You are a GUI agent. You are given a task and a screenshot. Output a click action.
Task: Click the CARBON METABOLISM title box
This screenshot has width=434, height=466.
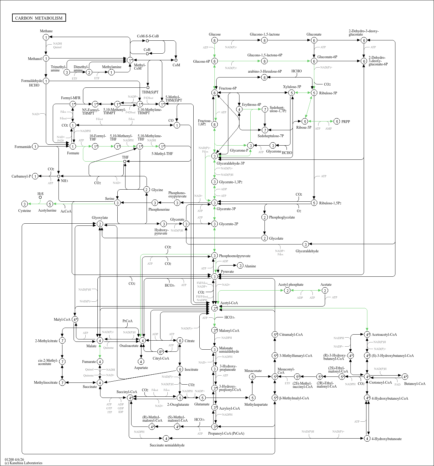[x=39, y=18]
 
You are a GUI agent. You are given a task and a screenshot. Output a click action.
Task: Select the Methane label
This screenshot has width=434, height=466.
[x=46, y=31]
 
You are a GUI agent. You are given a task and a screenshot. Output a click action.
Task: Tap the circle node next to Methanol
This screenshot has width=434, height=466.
[x=46, y=58]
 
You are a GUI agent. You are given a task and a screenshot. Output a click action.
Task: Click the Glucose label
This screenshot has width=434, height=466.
[x=214, y=34]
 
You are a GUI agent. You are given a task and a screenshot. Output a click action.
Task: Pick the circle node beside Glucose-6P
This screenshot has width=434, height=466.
[x=214, y=61]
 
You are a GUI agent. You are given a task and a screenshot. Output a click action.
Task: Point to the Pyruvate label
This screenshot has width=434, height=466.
[x=227, y=272]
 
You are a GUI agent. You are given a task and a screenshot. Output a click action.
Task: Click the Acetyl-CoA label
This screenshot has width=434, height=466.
[x=229, y=303]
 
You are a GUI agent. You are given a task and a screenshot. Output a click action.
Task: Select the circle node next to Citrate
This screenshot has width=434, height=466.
[x=180, y=341]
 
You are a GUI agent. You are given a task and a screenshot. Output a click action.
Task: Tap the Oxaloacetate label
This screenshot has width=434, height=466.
[x=129, y=346]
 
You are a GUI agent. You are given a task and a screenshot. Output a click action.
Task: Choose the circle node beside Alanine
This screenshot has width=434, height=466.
[x=240, y=266]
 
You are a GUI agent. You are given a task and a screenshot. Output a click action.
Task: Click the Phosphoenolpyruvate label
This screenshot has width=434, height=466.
[x=234, y=256]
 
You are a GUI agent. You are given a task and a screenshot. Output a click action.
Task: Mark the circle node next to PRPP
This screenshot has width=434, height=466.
[x=337, y=121]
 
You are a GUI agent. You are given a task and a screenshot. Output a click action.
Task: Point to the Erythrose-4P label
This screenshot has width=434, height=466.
[x=251, y=105]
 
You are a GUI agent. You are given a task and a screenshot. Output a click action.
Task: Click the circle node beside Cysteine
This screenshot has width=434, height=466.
[x=25, y=204]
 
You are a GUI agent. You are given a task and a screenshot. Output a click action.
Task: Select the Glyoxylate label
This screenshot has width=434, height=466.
[x=100, y=218]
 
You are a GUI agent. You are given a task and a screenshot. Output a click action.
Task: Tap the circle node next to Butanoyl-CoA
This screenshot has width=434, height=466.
[x=405, y=376]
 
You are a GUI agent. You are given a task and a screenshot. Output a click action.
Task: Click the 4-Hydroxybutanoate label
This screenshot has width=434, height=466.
[x=386, y=439]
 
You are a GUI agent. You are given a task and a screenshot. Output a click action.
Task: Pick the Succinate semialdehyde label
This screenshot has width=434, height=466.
[x=167, y=445]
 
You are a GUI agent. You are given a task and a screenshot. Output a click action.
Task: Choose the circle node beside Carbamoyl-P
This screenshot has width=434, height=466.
[x=35, y=176]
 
